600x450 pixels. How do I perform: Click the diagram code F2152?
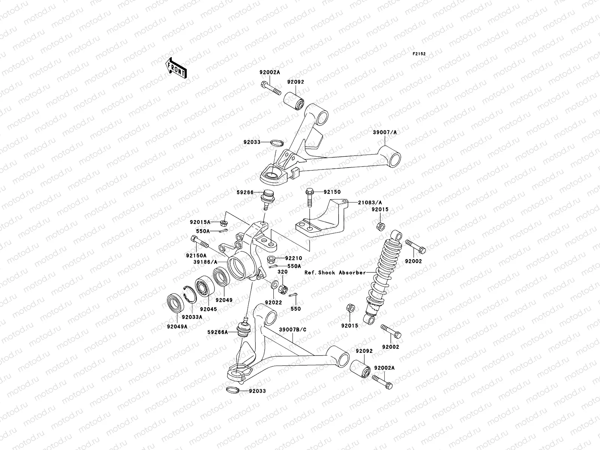[x=419, y=54]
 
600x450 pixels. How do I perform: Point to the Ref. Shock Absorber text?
[x=335, y=273]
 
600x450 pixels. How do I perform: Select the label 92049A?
[x=177, y=327]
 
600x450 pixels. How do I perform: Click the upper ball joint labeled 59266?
[x=267, y=197]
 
